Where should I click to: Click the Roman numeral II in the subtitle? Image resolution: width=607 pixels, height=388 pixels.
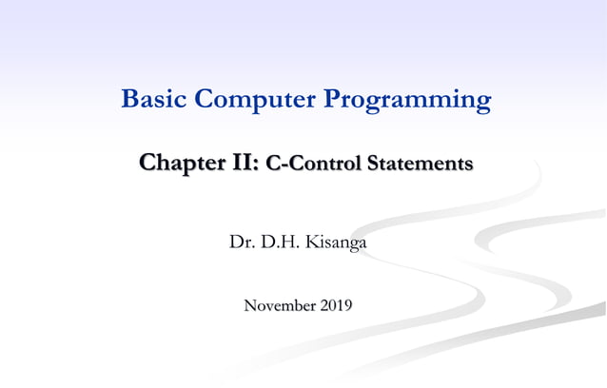(x=242, y=164)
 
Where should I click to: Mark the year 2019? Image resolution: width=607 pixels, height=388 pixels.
(x=336, y=305)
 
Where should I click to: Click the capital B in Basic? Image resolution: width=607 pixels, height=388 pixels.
(x=130, y=99)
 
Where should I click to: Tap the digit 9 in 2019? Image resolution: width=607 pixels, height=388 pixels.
(x=348, y=305)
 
